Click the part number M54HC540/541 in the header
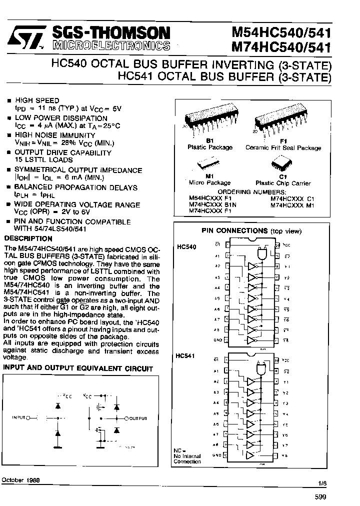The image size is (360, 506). coord(281,32)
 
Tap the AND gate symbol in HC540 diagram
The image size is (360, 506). coord(261,254)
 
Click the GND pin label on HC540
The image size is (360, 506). coord(217,339)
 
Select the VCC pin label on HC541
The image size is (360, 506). coord(285,359)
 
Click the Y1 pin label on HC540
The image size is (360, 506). coord(286,266)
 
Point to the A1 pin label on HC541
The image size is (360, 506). coord(216,371)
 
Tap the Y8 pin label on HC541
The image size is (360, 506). coord(285,455)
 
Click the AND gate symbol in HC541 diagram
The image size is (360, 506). coord(260,368)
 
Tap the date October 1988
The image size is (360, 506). coord(21,479)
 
